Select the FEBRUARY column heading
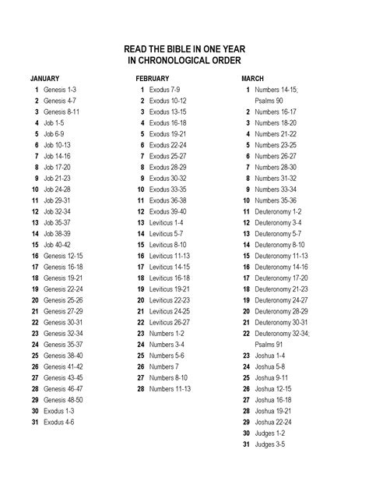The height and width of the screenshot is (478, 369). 152,79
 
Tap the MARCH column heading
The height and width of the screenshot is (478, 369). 252,79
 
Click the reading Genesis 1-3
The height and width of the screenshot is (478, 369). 60,90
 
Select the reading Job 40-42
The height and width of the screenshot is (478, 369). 58,244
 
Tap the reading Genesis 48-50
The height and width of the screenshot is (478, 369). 65,399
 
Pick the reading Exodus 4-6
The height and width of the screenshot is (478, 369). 59,421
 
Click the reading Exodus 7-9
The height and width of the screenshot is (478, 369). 164,90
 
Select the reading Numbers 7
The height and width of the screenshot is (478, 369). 163,366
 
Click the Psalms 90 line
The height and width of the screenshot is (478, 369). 269,101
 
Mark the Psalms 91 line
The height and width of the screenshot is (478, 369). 269,344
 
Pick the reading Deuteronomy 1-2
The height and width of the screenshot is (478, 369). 278,211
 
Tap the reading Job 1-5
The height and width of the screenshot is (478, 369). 54,123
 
